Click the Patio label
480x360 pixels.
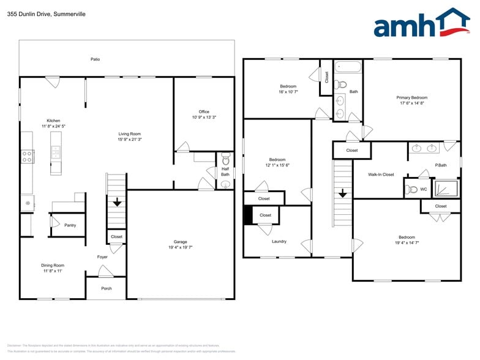(95, 59)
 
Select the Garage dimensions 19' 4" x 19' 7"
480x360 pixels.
(180, 247)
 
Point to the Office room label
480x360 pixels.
(204, 111)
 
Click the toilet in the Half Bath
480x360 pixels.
(226, 158)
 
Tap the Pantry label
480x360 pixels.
(70, 225)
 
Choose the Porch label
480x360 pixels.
(107, 288)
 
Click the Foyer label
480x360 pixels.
(102, 257)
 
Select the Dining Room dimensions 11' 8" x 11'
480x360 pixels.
(53, 271)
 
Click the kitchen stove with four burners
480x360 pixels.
(27, 156)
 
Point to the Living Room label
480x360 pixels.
(130, 133)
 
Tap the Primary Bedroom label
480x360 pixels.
(411, 97)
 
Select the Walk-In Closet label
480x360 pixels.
(381, 174)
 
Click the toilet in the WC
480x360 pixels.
(412, 189)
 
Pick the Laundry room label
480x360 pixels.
(279, 241)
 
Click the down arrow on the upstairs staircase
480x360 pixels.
(343, 192)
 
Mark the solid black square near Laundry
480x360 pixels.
(247, 215)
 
